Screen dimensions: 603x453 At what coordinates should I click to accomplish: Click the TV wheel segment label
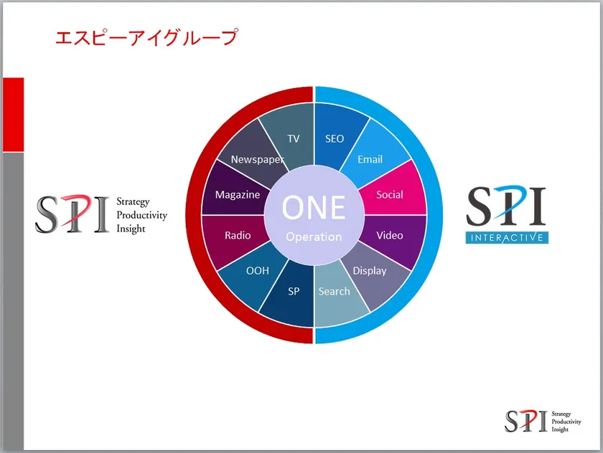pos(294,138)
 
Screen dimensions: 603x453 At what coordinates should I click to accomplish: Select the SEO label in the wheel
pos(335,138)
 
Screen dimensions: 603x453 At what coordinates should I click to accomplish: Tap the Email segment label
pos(370,159)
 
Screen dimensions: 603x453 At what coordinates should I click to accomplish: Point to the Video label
pos(390,235)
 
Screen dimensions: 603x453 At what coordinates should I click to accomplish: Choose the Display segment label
pos(370,271)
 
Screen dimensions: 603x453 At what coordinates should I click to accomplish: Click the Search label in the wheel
pos(335,292)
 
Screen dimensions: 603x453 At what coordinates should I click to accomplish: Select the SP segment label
pos(294,292)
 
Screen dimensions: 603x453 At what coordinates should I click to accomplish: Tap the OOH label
pos(257,271)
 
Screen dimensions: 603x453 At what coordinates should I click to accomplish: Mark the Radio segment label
pos(238,235)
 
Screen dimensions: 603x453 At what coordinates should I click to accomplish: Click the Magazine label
pos(238,195)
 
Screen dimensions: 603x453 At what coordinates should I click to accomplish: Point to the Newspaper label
pos(257,160)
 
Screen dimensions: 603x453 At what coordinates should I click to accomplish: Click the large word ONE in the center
pos(314,207)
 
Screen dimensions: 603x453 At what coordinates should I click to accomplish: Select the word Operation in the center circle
pos(314,237)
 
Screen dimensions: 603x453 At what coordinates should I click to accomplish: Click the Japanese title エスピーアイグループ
pos(146,37)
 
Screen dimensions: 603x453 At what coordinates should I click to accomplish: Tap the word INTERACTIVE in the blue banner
pos(507,238)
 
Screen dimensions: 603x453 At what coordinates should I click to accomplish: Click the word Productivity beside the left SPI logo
pos(142,215)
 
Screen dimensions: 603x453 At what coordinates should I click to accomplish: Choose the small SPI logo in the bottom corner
pos(543,421)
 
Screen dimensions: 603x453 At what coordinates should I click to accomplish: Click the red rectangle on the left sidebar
pos(14,115)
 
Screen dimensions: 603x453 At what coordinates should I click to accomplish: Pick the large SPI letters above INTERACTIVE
pos(506,206)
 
